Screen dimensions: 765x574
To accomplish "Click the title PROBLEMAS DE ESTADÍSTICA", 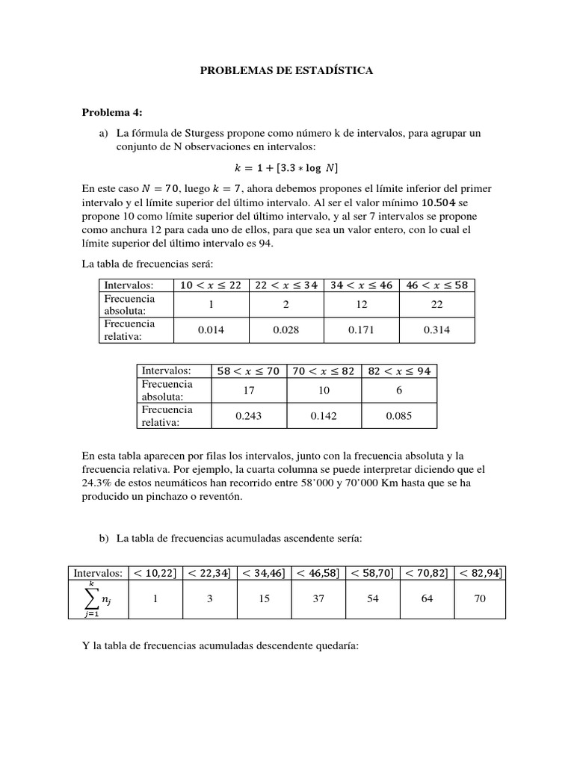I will click(286, 71).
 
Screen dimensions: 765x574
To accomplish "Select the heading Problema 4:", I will click(111, 113).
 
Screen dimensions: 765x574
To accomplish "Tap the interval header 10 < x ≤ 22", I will click(211, 285).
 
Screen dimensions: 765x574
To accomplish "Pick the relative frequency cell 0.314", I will click(437, 329).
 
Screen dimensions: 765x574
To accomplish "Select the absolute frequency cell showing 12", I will click(362, 304).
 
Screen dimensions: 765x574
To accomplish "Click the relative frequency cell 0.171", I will click(362, 329).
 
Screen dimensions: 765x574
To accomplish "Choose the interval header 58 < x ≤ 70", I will click(248, 371).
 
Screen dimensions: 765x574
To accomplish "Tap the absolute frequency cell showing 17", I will click(248, 390).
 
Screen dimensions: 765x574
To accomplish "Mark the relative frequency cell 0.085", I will click(399, 415).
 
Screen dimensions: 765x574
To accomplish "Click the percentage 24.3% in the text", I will click(96, 483).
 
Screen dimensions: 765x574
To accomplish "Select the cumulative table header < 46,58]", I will click(318, 573).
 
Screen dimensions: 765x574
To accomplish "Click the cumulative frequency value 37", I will click(318, 599).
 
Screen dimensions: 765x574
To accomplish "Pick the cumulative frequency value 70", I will click(480, 599).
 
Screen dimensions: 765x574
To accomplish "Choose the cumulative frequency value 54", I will click(371, 599).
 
